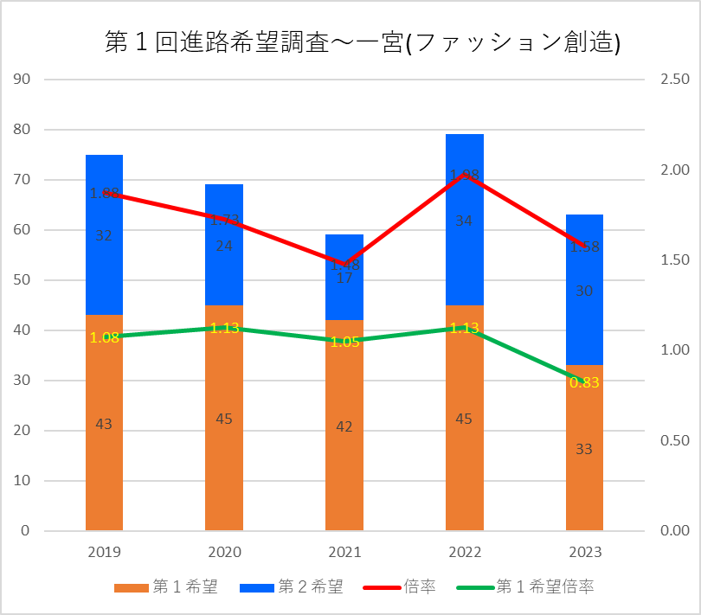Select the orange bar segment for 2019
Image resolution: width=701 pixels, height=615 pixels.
pos(104,458)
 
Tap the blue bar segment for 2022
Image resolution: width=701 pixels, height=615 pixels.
pos(465,259)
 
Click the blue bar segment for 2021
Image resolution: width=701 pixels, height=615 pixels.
pos(344,294)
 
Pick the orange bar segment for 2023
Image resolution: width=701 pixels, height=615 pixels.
pos(584,484)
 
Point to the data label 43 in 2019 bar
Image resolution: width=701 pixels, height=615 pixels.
pos(104,424)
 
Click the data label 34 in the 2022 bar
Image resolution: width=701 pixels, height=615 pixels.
pos(464,221)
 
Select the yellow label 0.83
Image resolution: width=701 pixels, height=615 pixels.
pos(584,382)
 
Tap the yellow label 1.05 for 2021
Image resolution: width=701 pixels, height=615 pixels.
pos(344,342)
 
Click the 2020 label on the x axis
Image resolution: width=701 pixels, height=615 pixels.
pos(224,552)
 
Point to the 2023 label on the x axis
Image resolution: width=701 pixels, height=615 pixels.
pos(584,552)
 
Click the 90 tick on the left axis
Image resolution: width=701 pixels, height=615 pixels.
pos(23,80)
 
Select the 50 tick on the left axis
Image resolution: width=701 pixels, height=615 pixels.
pos(23,280)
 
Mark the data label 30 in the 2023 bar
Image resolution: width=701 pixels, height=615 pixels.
pos(584,291)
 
